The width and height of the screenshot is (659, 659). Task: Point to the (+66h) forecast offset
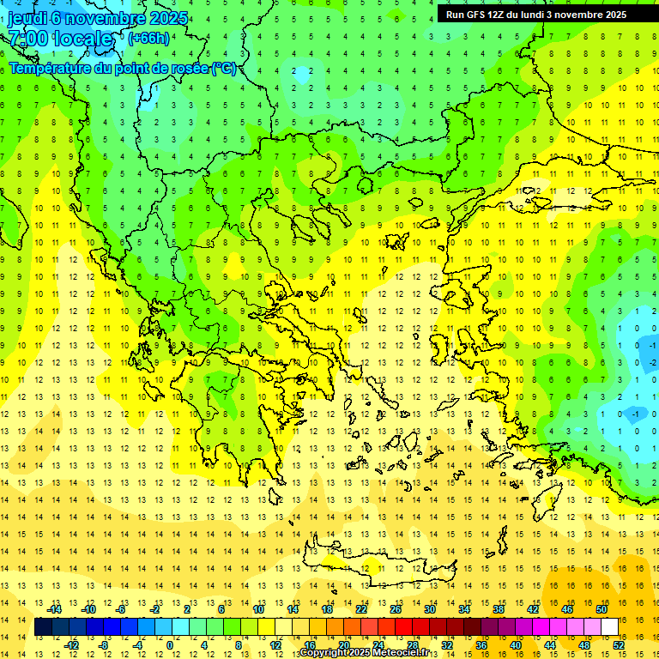click(148, 39)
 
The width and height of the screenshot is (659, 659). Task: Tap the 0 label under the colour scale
click(170, 645)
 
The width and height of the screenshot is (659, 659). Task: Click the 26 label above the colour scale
click(395, 609)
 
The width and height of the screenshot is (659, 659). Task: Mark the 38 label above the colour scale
click(498, 609)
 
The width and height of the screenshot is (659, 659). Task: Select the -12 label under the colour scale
click(71, 645)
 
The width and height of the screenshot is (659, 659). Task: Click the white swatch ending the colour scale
click(610, 627)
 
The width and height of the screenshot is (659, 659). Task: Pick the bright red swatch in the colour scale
click(404, 627)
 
